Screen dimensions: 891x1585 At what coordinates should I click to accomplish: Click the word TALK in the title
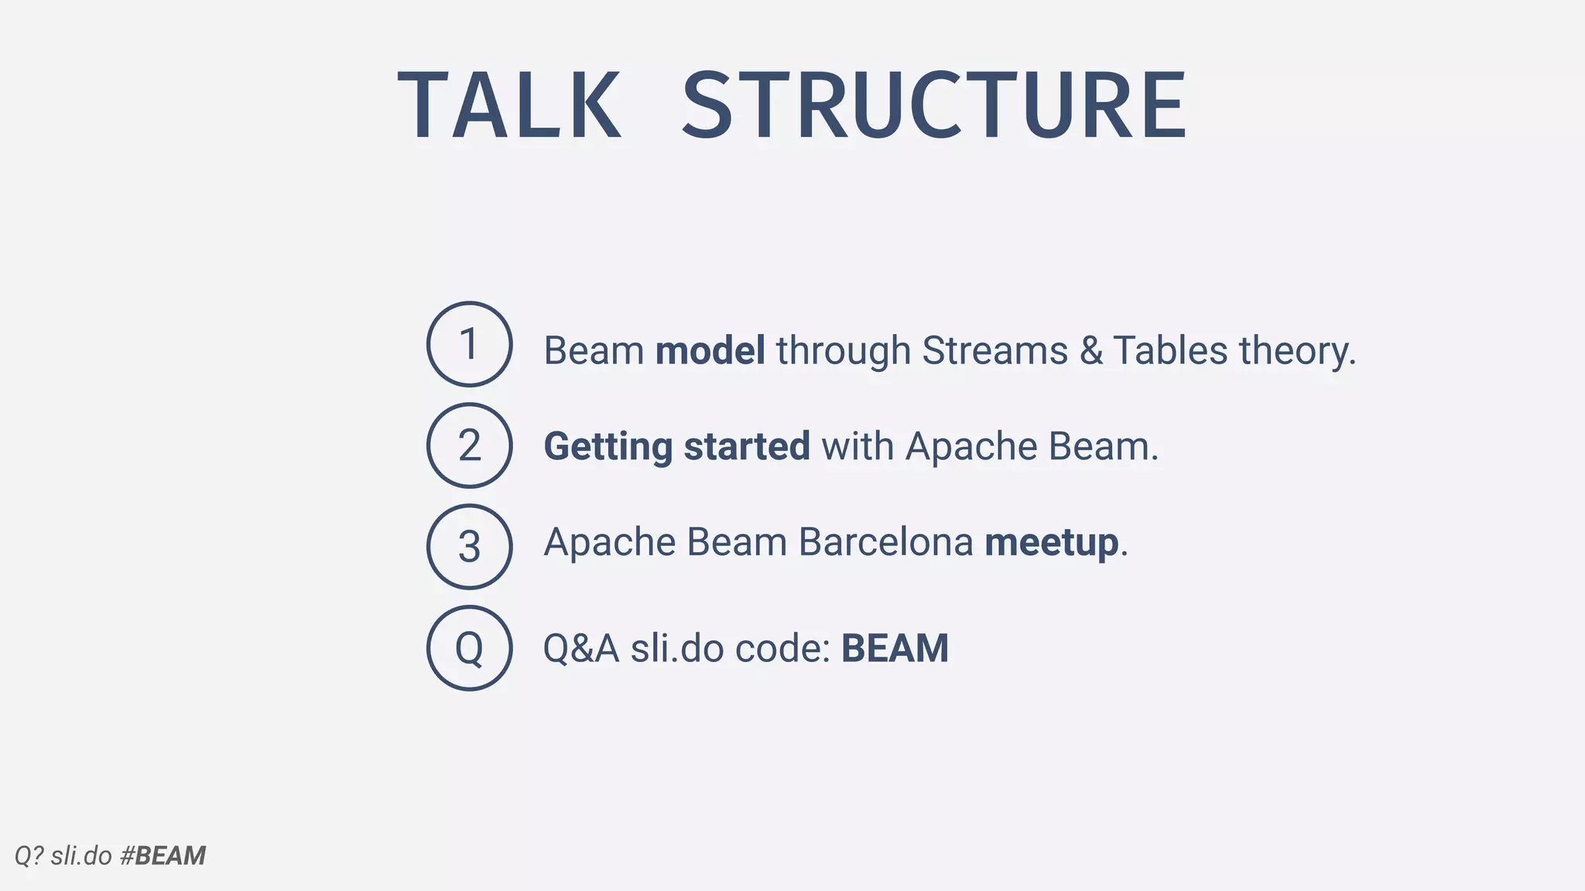509,105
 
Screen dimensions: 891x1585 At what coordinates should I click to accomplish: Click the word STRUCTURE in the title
933,105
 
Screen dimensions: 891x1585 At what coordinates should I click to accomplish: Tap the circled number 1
469,344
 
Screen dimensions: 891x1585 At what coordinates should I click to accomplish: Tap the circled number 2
469,445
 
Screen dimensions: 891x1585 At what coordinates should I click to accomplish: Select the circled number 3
469,547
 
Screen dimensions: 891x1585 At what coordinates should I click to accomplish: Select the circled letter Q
469,648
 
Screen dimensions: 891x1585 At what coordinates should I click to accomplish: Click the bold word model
710,350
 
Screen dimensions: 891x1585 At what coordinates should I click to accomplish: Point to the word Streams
994,350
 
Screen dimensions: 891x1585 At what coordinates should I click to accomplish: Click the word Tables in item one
1169,350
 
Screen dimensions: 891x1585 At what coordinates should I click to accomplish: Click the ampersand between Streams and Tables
1091,350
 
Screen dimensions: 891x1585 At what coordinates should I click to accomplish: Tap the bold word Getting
608,447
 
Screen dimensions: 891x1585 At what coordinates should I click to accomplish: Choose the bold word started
747,446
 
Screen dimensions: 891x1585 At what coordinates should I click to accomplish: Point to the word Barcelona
885,541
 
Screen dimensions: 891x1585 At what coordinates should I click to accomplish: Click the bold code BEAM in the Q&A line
895,648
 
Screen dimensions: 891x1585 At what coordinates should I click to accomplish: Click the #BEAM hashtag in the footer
163,856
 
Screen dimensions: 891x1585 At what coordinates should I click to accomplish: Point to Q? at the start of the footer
29,856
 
